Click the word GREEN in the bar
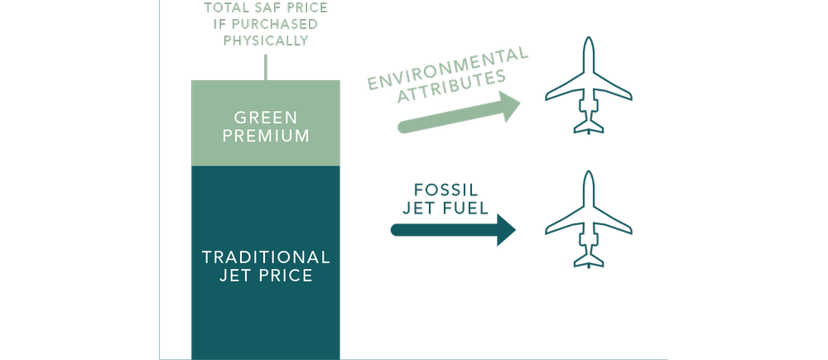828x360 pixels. pos(266,116)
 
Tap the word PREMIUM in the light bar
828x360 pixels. pos(266,136)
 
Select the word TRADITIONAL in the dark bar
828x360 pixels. pos(266,257)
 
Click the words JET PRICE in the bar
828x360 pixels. pos(266,276)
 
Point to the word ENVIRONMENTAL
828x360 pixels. pos(448,72)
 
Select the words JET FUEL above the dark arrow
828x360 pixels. pos(445,208)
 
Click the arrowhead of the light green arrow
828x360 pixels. pos(510,108)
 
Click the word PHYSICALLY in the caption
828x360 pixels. pos(266,40)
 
